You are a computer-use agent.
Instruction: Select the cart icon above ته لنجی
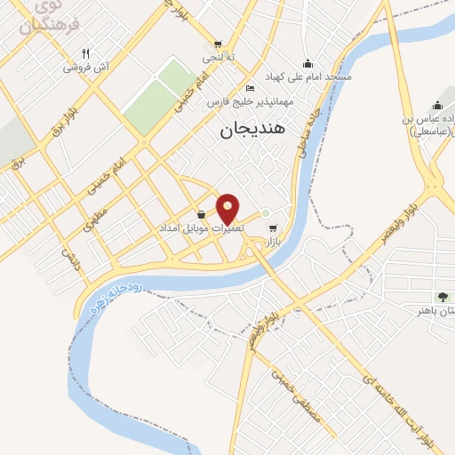218,44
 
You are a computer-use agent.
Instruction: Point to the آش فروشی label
85,68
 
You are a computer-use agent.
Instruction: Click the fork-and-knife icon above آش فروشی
85,52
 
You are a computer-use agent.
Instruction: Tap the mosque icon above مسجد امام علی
307,63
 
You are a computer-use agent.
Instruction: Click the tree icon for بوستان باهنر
442,296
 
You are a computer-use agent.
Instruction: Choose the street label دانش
71,259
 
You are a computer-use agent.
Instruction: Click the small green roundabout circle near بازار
265,212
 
